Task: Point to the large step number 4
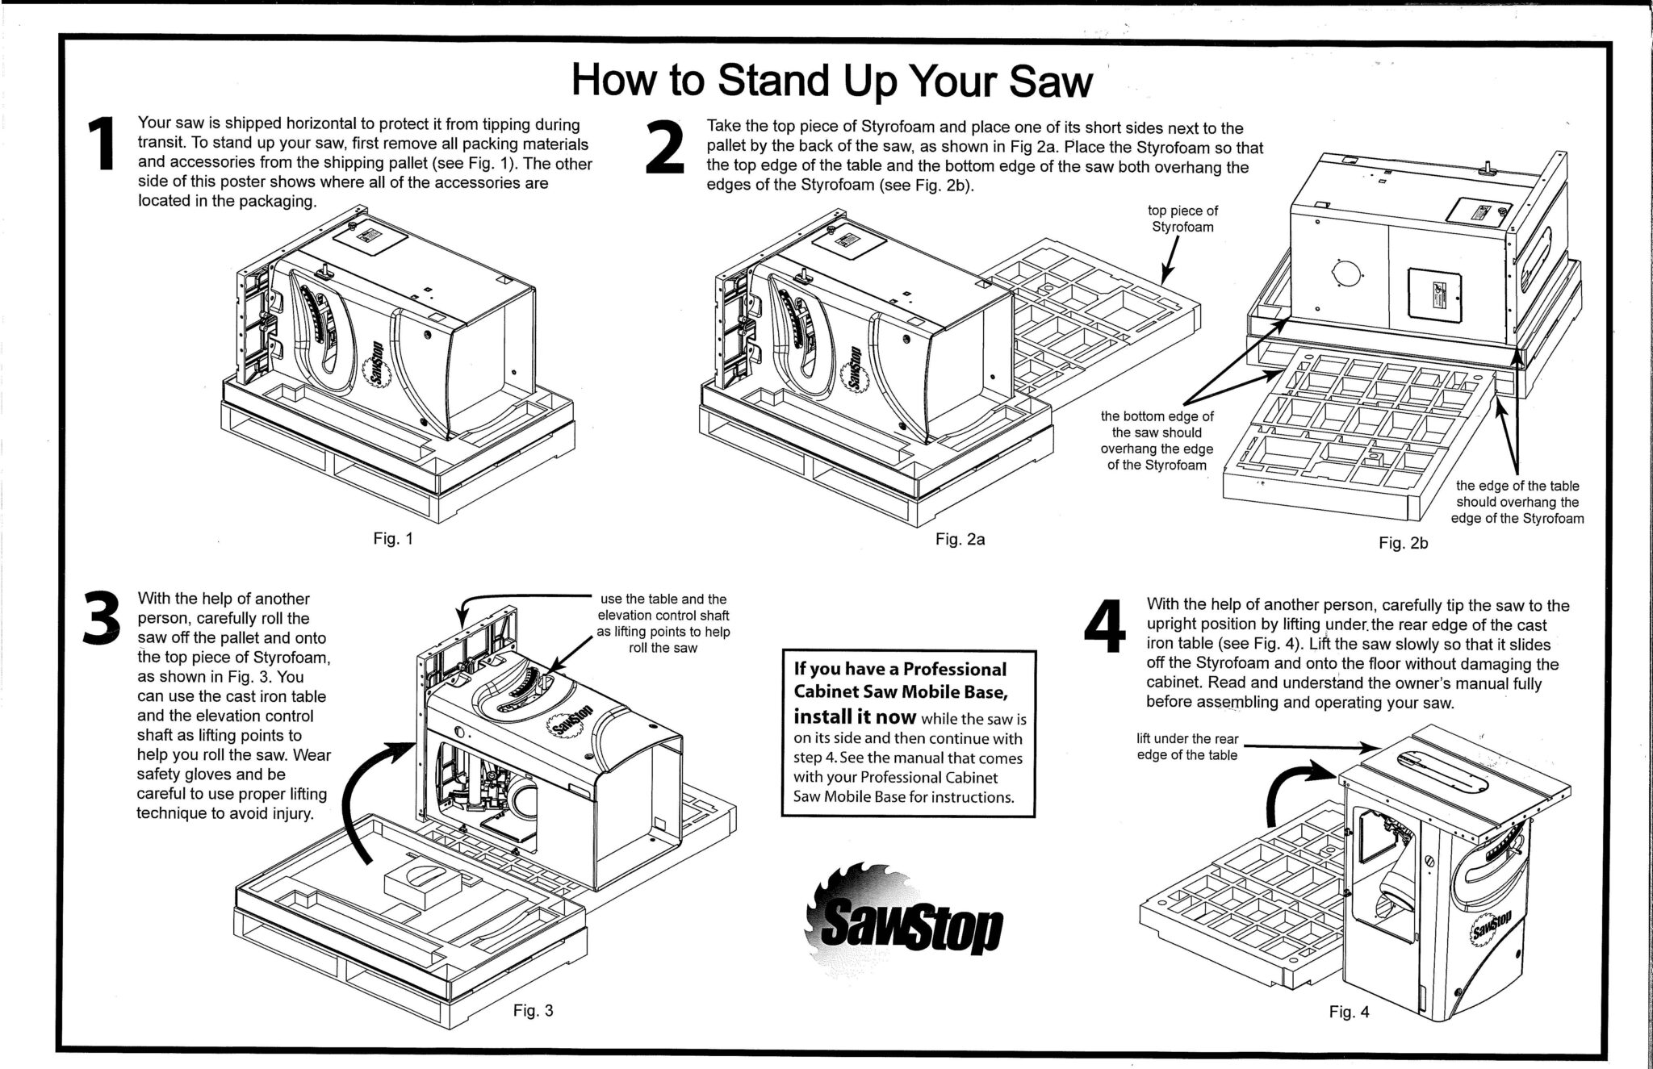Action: click(x=1104, y=626)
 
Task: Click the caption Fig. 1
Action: click(x=393, y=539)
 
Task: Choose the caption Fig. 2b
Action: click(x=1404, y=544)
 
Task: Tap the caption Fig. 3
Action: click(x=534, y=1010)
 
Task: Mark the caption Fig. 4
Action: click(x=1349, y=1012)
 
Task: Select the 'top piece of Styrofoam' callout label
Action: click(x=1182, y=219)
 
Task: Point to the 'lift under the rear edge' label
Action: click(x=1186, y=747)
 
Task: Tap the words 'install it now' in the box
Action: click(x=855, y=716)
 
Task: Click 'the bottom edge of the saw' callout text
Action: click(x=1157, y=441)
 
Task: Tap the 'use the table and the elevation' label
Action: click(x=663, y=624)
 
